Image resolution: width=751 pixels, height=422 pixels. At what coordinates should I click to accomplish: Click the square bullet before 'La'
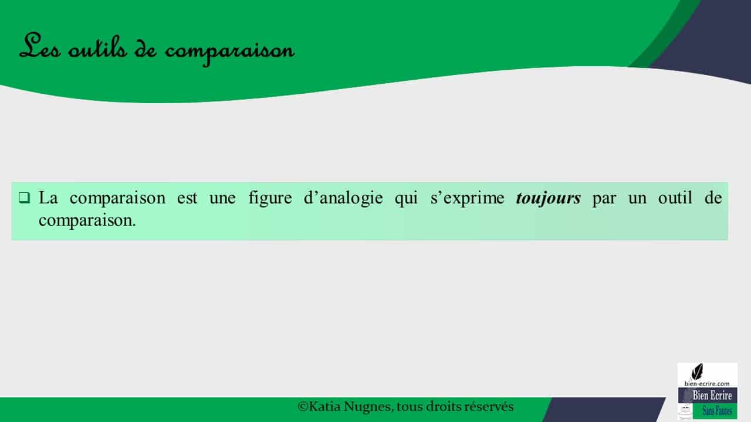tap(24, 198)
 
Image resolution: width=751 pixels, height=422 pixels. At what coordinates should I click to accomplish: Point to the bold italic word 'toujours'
tap(548, 198)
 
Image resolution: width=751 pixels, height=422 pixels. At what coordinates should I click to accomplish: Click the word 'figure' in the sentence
tap(270, 198)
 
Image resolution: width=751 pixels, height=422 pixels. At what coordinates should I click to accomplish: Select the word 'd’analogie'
tap(343, 198)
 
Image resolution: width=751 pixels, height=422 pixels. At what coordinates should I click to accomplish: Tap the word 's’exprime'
tap(468, 198)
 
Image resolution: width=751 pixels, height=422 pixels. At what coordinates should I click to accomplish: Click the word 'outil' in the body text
tap(675, 198)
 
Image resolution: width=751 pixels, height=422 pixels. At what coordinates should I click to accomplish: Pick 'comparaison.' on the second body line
tap(87, 221)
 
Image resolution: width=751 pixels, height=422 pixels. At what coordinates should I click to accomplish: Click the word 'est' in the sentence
tap(187, 198)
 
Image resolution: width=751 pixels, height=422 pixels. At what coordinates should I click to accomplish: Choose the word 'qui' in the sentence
tap(407, 198)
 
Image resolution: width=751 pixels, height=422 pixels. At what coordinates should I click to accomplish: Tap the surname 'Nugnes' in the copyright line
tap(368, 407)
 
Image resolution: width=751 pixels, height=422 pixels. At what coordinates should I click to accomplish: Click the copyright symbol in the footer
tap(303, 407)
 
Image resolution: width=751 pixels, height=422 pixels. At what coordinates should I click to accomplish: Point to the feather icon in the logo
tap(698, 372)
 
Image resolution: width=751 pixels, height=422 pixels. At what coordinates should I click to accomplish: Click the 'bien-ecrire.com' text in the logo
tap(707, 383)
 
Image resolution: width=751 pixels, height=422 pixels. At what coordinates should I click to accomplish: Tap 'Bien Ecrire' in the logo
tap(712, 396)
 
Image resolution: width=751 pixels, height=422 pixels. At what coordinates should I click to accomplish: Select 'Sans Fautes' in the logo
tap(717, 411)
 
